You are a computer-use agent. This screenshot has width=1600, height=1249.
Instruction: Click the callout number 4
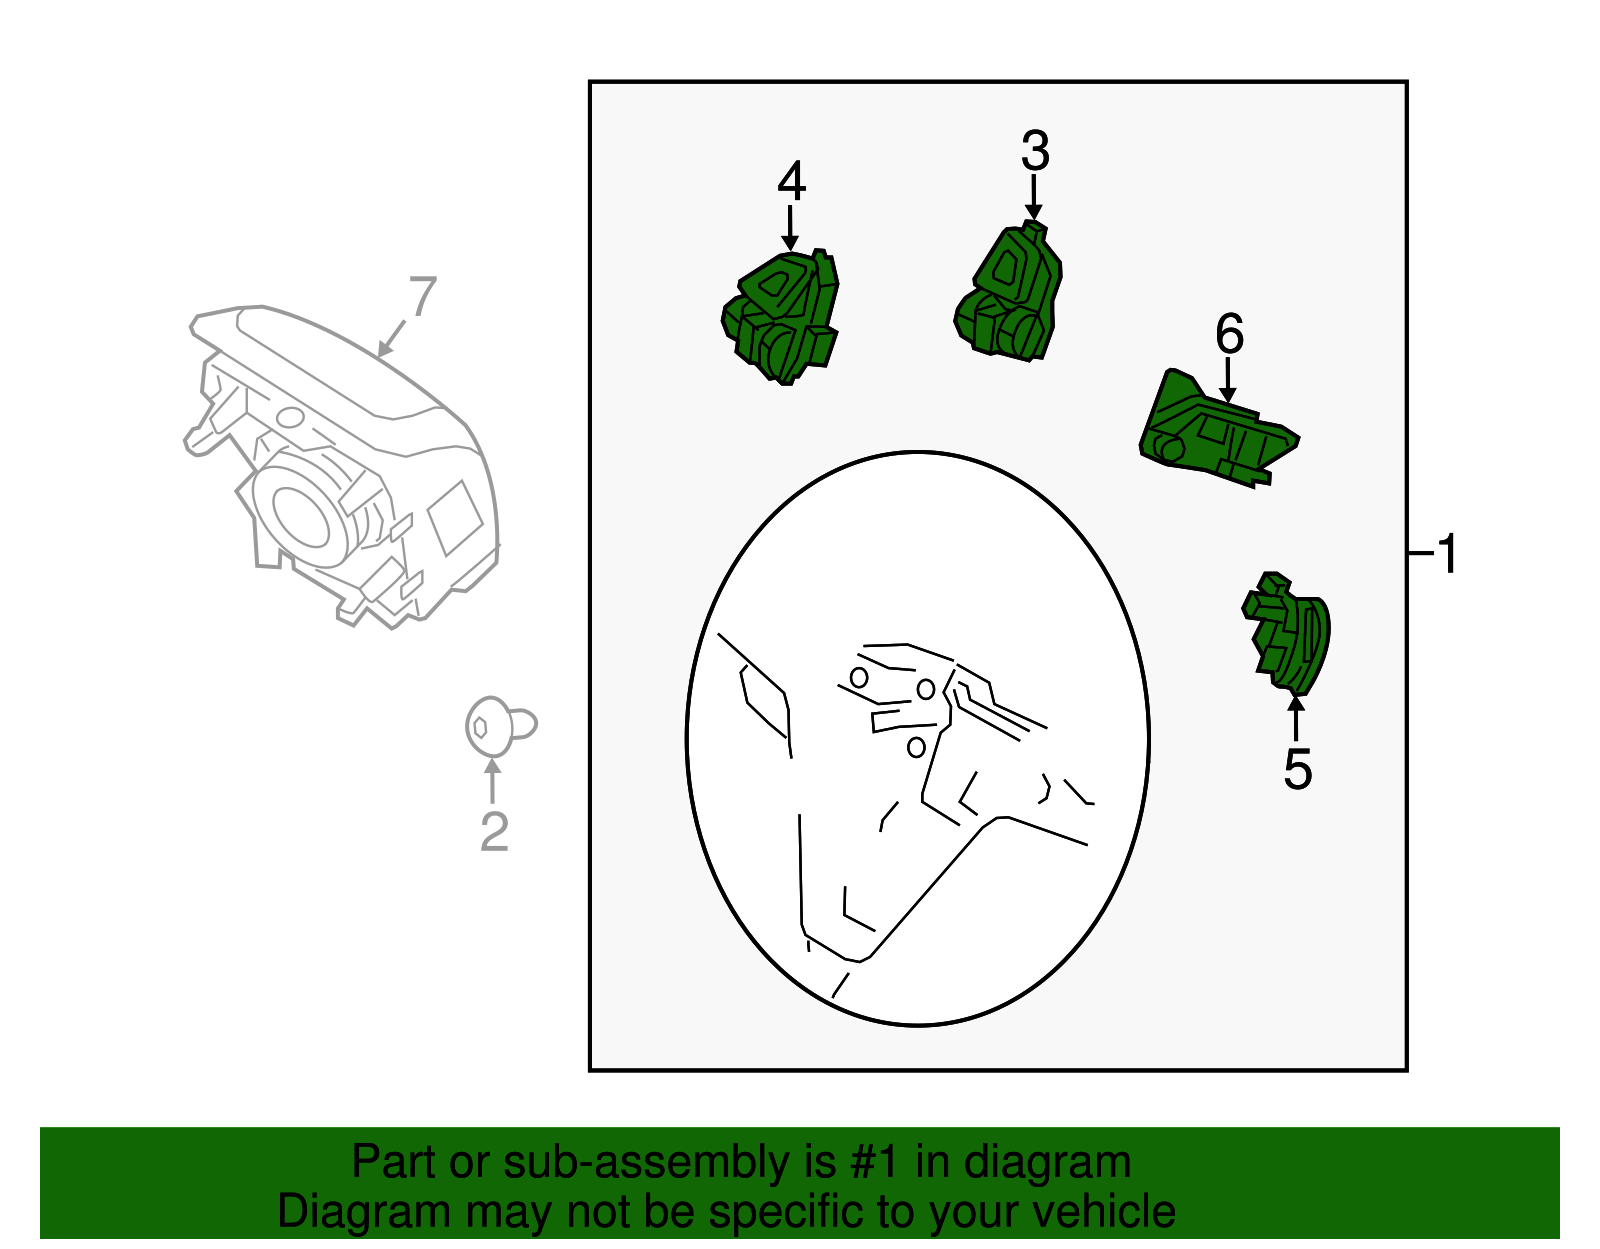coord(791,181)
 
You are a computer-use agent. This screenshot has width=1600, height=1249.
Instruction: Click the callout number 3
coord(1035,152)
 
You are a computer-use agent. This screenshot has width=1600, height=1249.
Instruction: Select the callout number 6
coord(1229,334)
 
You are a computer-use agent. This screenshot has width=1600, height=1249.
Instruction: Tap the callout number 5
coord(1297,769)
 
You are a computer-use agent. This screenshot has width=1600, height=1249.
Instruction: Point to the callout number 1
coord(1447,553)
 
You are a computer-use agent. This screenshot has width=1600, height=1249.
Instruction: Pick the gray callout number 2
coord(494,831)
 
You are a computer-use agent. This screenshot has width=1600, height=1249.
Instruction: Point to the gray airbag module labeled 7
coord(340,460)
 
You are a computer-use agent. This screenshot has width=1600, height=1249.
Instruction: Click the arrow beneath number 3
coord(1034,196)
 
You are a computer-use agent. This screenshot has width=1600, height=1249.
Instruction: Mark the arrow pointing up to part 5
coord(1296,717)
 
